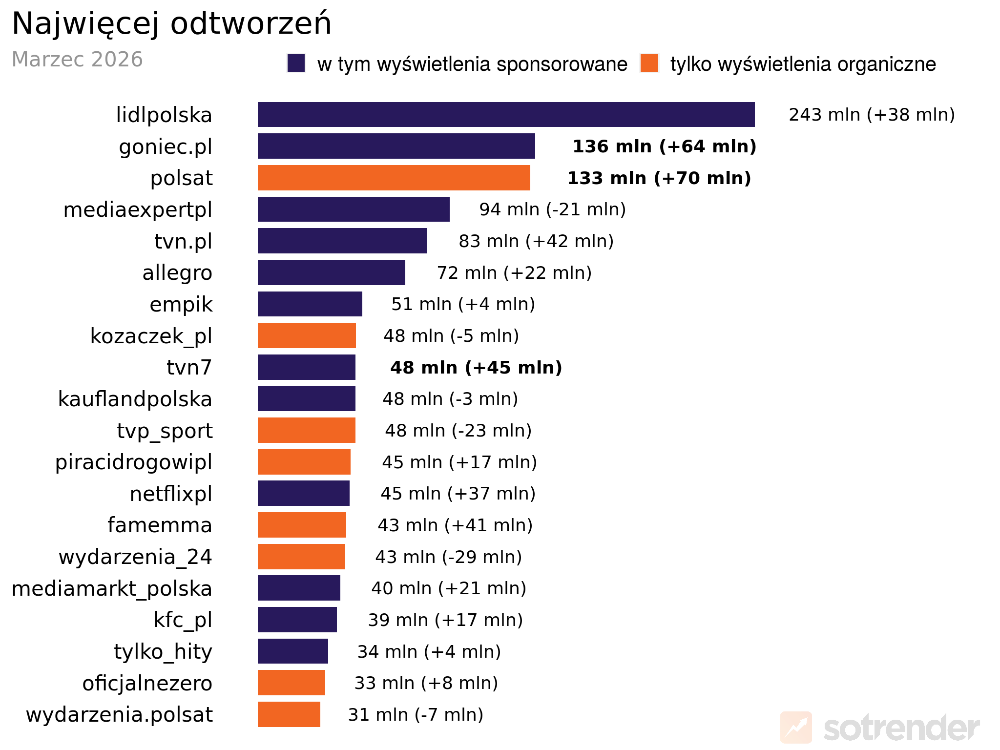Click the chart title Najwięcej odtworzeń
[x=171, y=23]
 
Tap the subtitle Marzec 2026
[x=77, y=60]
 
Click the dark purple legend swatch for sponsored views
[x=296, y=63]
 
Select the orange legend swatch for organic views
[x=649, y=63]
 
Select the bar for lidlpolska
[x=506, y=115]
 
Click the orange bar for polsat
[x=394, y=178]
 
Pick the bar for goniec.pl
[x=396, y=146]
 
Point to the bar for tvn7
[x=306, y=367]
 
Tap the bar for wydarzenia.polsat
[x=289, y=714]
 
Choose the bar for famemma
[x=302, y=525]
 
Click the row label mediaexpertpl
[x=138, y=209]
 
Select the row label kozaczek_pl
[x=151, y=336]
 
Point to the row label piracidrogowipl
[x=133, y=462]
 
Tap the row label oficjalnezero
[x=147, y=683]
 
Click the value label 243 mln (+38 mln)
[x=872, y=115]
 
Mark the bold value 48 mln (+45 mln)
[x=476, y=367]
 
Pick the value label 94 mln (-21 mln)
[x=552, y=209]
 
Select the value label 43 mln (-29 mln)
[x=448, y=557]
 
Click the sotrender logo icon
[x=796, y=728]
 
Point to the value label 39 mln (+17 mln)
[x=445, y=620]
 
